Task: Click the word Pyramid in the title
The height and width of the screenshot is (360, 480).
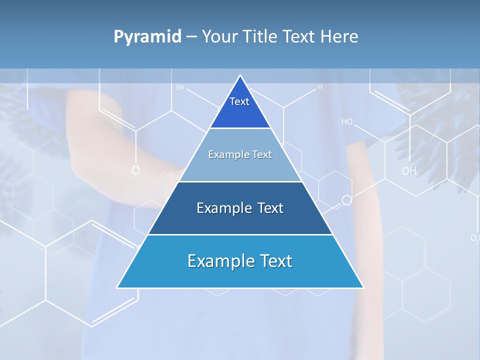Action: coord(147,37)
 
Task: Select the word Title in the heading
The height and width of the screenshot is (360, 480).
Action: coord(261,36)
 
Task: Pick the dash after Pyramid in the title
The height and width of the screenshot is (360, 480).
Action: coord(191,37)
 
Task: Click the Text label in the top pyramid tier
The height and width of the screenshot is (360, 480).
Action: coord(239,101)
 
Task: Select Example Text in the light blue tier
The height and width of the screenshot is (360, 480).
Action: coord(240,154)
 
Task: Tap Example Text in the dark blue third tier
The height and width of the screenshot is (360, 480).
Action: coord(240,208)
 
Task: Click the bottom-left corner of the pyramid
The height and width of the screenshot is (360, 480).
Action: coord(117,287)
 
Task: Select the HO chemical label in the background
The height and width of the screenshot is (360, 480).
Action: coord(347,122)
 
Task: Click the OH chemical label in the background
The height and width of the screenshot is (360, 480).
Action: coord(408,171)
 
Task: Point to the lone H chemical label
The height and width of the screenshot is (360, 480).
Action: coord(320,87)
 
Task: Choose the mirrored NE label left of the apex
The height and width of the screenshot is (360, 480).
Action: coord(179,88)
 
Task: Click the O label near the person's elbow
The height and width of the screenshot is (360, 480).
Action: coord(135,171)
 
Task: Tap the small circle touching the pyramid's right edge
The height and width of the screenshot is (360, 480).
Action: coord(346,200)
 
